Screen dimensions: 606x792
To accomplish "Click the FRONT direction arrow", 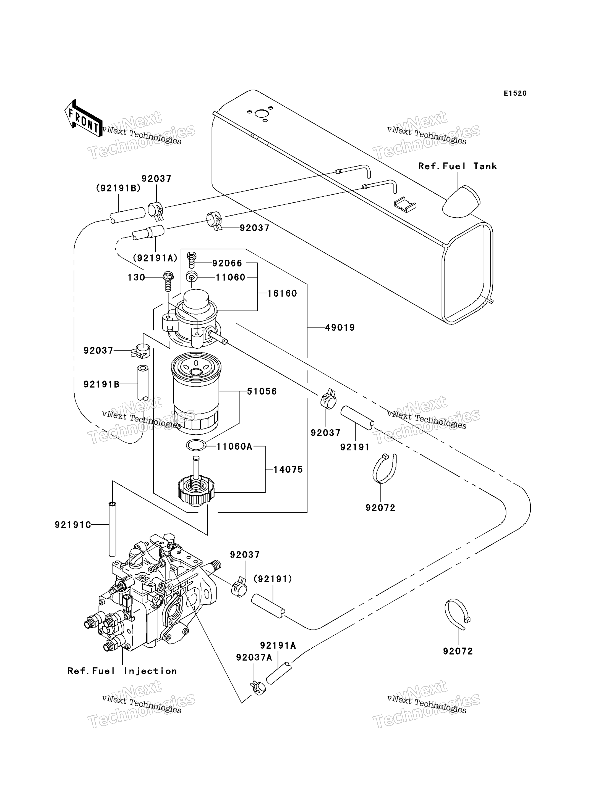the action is tap(83, 118).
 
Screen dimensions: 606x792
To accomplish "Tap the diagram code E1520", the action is tap(515, 93).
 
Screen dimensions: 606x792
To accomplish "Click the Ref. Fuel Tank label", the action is tap(457, 166).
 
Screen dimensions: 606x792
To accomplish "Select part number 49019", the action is tap(340, 327).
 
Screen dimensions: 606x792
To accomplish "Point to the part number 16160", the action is tap(282, 293).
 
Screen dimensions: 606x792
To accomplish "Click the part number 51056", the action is tap(262, 391).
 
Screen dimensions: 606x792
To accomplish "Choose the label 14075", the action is tap(288, 469).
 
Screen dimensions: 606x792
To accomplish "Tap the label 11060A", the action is tap(234, 447).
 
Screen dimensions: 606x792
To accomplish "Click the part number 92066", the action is tap(227, 263).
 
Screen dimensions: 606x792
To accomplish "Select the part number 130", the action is tap(136, 277).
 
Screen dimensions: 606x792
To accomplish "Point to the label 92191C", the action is tap(73, 525).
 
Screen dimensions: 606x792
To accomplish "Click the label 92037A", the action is tap(254, 657).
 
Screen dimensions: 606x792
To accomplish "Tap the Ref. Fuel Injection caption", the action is tap(122, 671).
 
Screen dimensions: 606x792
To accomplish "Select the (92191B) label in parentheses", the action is tap(118, 188).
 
